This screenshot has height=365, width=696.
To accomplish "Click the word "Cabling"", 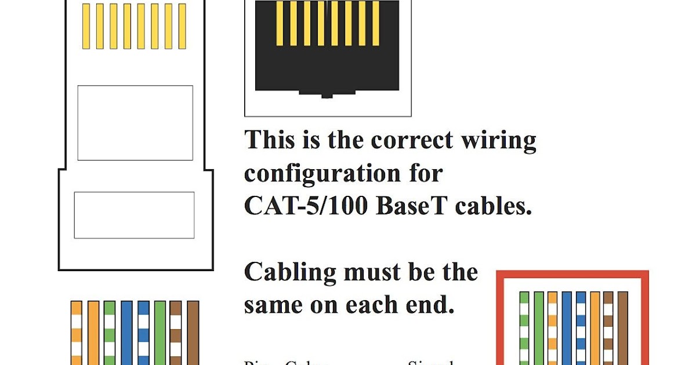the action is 289,273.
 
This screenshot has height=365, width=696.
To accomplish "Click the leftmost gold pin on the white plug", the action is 86,26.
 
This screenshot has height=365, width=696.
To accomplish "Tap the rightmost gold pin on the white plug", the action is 182,26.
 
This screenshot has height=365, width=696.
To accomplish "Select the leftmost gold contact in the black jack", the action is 280,23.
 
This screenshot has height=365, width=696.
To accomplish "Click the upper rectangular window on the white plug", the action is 135,123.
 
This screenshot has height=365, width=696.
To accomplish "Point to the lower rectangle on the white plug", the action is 134,215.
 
